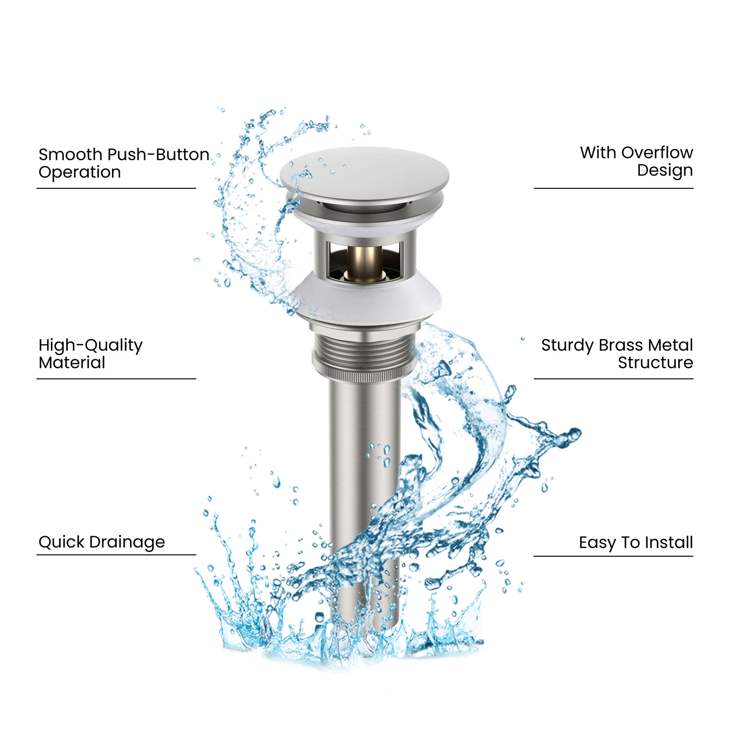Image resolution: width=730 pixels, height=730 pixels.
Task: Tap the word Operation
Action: coord(79,173)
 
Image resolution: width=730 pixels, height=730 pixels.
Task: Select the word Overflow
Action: coord(657,153)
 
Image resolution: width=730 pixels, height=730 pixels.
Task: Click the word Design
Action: coord(665,171)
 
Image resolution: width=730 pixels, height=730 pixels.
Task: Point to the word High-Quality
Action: coord(90,346)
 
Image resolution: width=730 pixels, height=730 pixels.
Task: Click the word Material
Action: coord(72,363)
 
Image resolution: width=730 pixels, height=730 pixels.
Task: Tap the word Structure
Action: coord(655,363)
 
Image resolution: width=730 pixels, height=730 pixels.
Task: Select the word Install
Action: coord(669,543)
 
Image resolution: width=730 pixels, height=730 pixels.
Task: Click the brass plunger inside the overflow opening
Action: coord(365,263)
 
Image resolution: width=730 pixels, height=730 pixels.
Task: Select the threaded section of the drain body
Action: coord(365,350)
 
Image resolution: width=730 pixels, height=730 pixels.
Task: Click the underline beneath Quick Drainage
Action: coord(116,555)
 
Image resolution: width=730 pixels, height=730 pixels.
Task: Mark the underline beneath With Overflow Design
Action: coord(613,188)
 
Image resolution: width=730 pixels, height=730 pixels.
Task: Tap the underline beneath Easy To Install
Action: coord(613,556)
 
